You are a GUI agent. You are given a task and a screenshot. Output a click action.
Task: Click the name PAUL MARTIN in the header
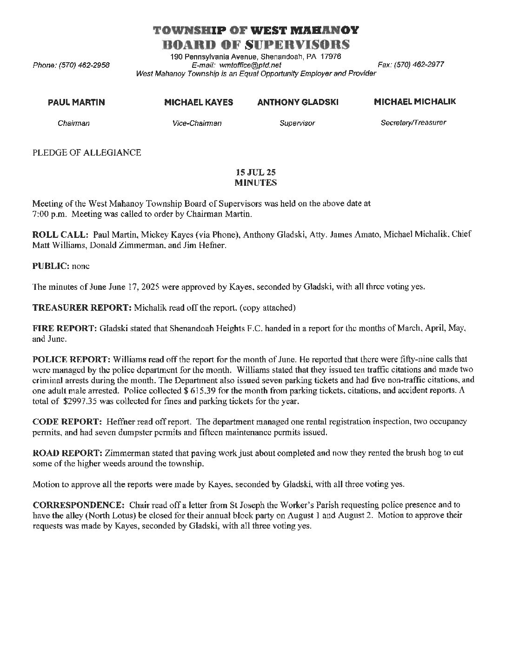click(76, 102)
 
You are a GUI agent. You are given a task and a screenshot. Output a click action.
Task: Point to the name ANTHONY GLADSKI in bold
click(298, 102)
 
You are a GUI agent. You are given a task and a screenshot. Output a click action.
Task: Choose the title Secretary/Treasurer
click(413, 123)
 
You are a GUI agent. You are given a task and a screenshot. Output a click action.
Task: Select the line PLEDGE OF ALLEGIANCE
click(87, 152)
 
